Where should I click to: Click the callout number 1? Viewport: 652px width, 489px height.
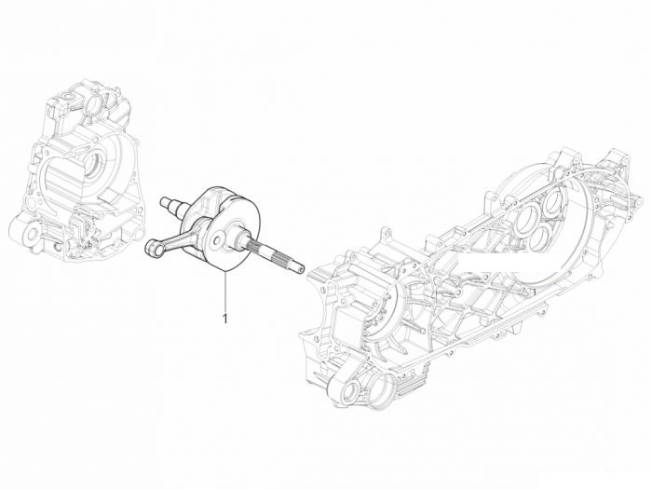tap(225, 319)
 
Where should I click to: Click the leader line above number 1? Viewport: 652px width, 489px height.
tap(225, 291)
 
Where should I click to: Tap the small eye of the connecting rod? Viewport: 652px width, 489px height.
tap(152, 250)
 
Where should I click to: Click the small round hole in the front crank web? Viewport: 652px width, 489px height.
tap(216, 240)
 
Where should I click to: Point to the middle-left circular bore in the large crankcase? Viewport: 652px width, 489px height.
tap(526, 221)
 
